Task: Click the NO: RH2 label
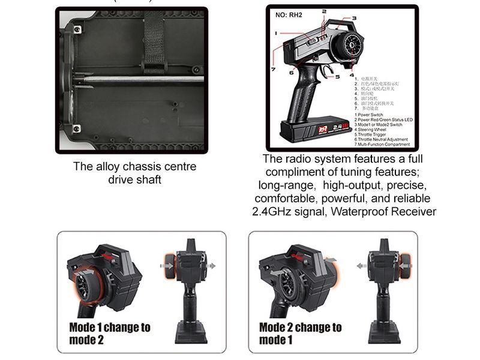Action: pos(289,15)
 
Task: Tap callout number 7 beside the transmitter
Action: pos(273,69)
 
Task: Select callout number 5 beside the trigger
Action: pos(337,76)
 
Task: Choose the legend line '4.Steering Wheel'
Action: pos(371,130)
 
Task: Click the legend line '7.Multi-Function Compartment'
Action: pos(382,145)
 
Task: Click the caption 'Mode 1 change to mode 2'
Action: pos(109,333)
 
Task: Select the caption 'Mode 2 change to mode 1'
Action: pos(299,333)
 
